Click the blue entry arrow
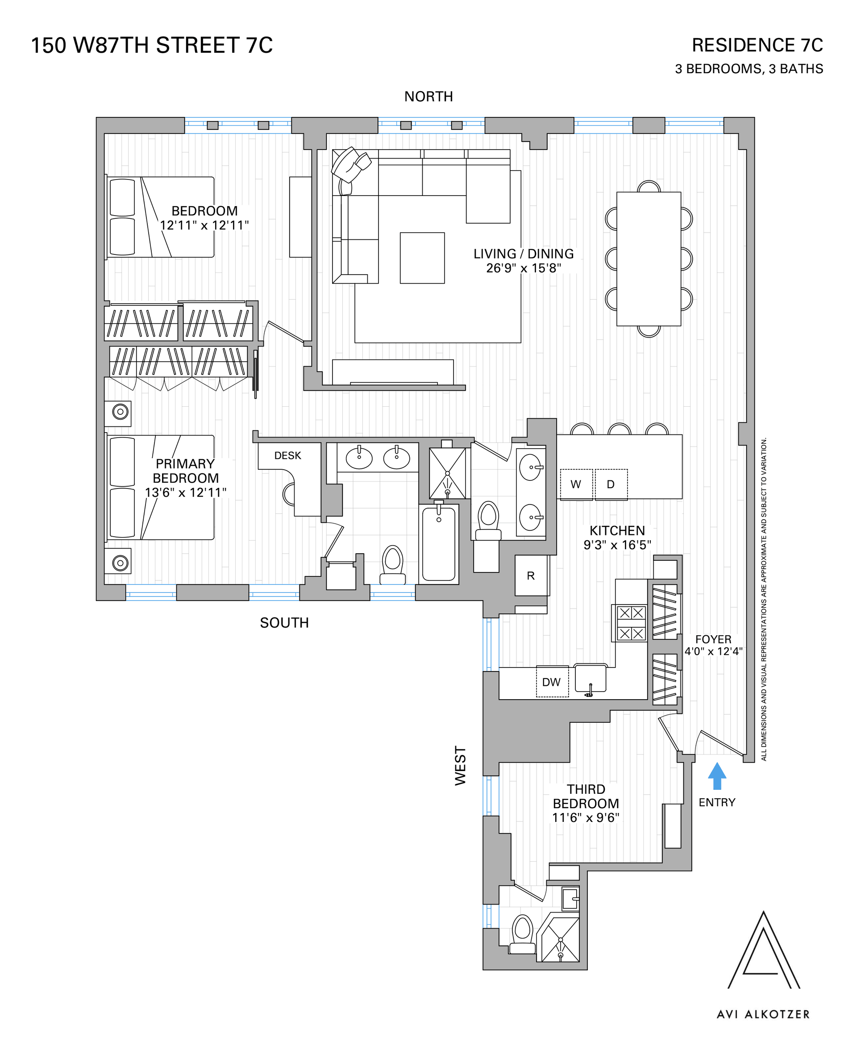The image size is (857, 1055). [717, 776]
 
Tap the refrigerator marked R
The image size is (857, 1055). [531, 575]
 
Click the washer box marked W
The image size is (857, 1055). [576, 484]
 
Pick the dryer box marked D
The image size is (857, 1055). [611, 484]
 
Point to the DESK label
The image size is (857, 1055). [288, 456]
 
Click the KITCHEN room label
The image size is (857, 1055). [617, 531]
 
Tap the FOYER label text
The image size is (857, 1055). [713, 639]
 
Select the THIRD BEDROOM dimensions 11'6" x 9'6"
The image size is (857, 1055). [586, 818]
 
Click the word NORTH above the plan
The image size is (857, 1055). [428, 97]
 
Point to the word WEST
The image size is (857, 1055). [460, 765]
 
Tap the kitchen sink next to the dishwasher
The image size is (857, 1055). [591, 679]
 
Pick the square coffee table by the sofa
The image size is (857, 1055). [422, 258]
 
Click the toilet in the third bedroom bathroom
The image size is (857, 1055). [522, 934]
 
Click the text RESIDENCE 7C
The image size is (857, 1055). [757, 46]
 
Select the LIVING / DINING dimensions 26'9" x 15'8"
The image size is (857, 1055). [524, 268]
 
